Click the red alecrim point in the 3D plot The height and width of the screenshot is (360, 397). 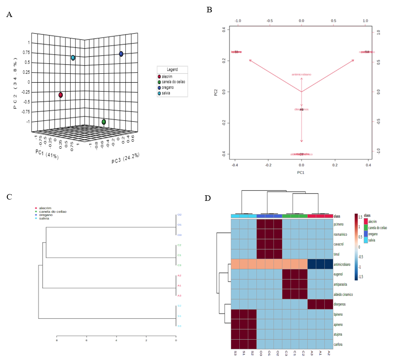(61, 95)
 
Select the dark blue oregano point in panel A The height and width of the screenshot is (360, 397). (121, 54)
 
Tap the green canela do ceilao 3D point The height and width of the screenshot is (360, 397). (104, 122)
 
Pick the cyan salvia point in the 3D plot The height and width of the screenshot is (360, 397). (73, 58)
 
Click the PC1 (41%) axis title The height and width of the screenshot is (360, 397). (47, 154)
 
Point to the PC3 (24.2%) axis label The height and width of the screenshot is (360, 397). (125, 158)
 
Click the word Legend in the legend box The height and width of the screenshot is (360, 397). (172, 69)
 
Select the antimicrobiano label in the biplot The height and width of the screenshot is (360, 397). (301, 74)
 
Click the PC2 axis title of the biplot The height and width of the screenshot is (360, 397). (216, 91)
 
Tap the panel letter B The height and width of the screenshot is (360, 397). (209, 9)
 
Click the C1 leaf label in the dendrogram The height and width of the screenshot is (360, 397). (179, 255)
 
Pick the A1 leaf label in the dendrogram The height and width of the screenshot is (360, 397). (179, 286)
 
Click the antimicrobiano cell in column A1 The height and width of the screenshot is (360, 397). (320, 264)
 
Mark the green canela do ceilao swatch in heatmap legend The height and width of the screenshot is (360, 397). (366, 228)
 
